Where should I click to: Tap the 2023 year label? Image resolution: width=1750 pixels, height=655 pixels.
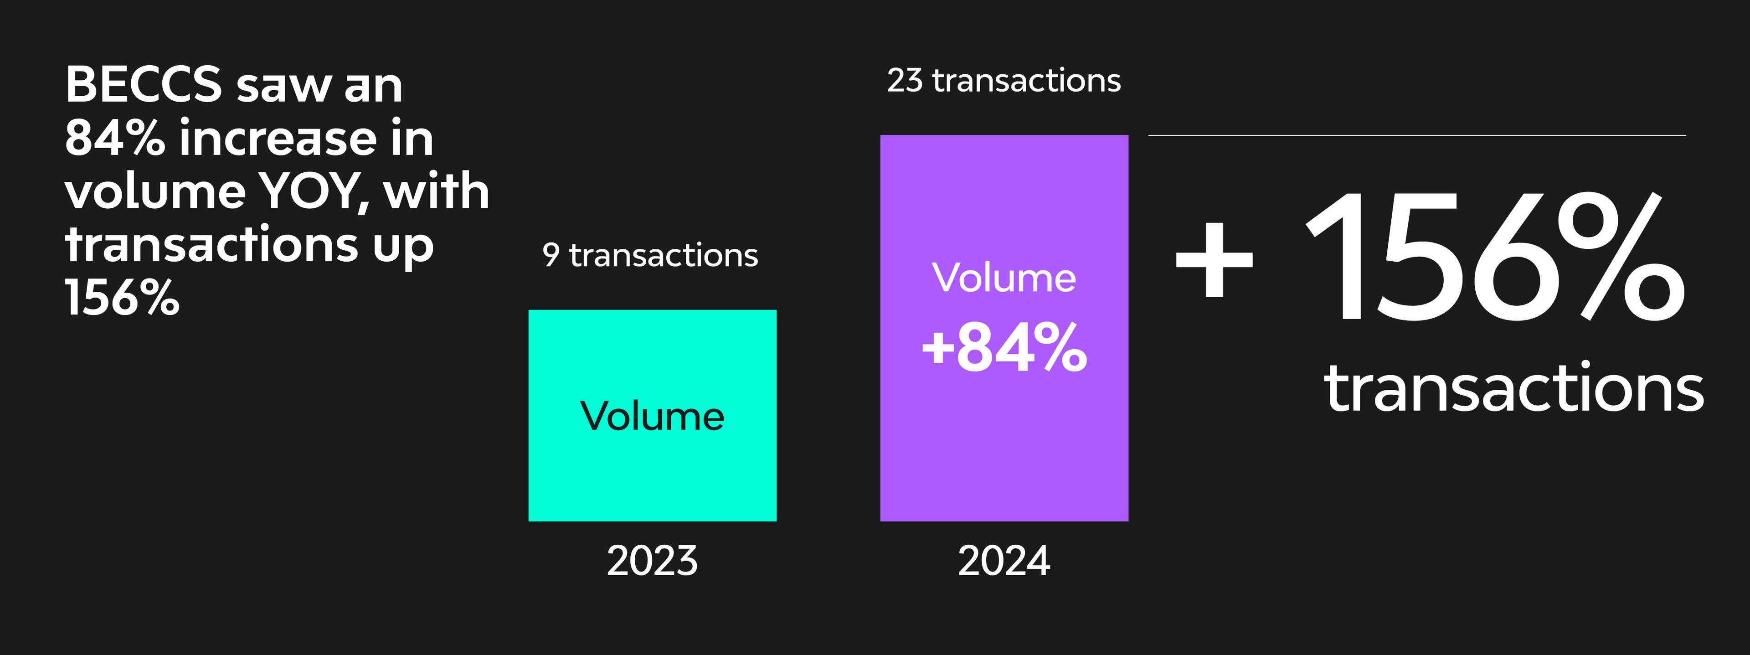[x=652, y=561]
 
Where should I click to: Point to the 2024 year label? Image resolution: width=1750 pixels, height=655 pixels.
[x=1004, y=561]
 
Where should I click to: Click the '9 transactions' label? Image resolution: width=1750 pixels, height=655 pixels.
[x=650, y=255]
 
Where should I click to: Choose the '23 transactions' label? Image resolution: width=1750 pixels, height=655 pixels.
[x=1004, y=80]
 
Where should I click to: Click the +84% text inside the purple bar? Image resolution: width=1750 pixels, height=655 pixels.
[x=1004, y=347]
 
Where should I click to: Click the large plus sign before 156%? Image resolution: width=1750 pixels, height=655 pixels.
[x=1214, y=259]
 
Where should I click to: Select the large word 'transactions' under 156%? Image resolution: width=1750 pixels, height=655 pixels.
[x=1513, y=389]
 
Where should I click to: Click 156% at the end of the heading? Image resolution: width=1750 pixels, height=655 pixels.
[x=122, y=298]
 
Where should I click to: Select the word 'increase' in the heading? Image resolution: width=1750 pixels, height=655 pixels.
[x=277, y=138]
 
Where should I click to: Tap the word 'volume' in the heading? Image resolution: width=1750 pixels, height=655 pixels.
[x=155, y=191]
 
